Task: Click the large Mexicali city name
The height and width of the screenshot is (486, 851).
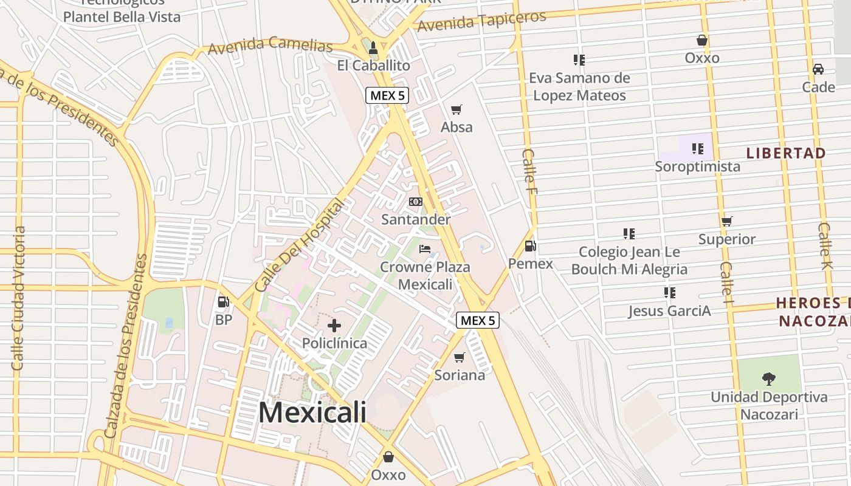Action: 312,412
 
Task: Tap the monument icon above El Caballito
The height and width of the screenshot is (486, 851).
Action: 373,47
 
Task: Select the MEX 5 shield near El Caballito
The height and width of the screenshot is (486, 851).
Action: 387,95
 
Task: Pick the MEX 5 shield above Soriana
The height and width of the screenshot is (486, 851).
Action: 478,320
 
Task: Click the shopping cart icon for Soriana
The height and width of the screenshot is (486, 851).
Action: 460,357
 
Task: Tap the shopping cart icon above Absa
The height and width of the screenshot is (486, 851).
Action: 457,109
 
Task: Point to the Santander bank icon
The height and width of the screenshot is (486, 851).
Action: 416,202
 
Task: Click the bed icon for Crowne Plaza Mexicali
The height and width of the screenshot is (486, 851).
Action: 425,249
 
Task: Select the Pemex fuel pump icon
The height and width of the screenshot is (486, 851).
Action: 530,246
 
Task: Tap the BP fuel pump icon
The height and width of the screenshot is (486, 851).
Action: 223,301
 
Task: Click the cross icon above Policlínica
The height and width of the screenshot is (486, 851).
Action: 334,326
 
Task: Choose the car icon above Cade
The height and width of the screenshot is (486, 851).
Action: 818,69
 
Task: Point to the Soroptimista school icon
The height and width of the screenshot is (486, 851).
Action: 697,148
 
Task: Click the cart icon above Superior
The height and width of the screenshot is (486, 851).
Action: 727,221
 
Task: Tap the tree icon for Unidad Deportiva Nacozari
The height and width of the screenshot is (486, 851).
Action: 769,379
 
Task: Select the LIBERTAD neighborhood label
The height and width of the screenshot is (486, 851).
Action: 786,153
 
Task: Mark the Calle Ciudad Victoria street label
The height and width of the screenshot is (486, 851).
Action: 18,298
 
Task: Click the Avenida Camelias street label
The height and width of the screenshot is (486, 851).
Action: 270,45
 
